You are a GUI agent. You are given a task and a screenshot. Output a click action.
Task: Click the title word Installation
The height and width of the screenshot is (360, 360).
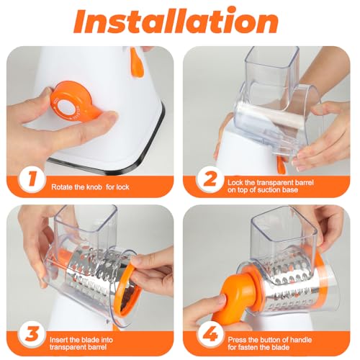click(x=179, y=22)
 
